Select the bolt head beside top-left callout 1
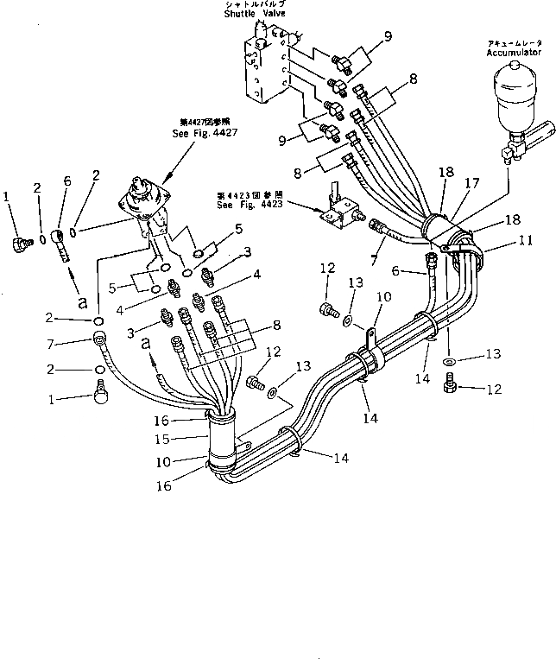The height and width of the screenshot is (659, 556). [18, 244]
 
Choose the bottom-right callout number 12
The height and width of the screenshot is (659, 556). [495, 389]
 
